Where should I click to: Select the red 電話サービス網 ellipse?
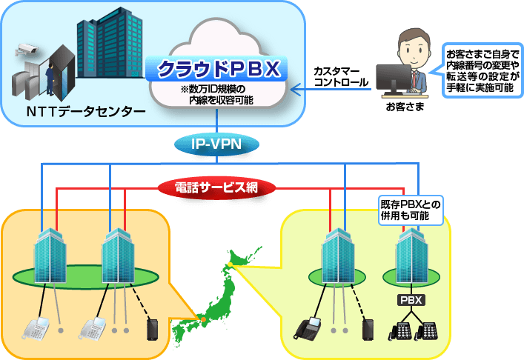(x=217, y=187)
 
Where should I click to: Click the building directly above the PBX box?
(x=411, y=253)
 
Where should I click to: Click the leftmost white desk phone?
(x=34, y=327)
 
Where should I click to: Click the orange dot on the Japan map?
(x=201, y=319)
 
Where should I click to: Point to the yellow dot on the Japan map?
(x=231, y=264)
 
